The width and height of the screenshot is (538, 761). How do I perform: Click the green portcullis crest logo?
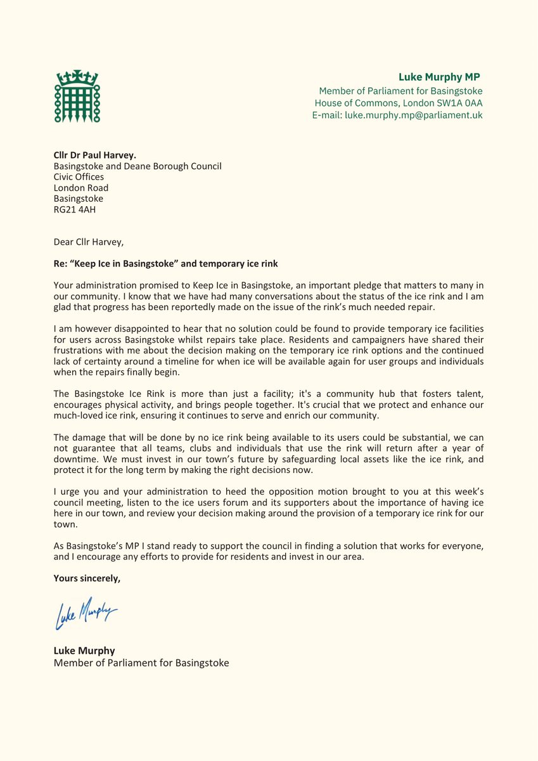coord(77,96)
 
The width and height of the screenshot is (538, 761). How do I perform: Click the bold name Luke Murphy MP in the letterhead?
coord(440,77)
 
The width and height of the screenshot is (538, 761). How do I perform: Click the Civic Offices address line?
coord(79,177)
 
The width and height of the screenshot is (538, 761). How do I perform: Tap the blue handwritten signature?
coord(86,614)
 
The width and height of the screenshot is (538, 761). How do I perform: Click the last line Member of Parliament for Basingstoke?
coord(141,663)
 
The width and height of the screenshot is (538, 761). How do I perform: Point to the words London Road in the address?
coord(81,188)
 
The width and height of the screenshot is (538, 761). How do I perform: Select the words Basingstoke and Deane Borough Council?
coord(138,166)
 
